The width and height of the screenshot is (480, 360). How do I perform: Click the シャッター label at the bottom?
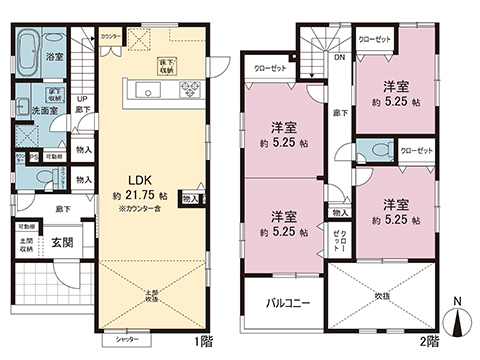click(x=126, y=340)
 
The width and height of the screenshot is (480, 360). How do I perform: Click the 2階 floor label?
click(x=429, y=340)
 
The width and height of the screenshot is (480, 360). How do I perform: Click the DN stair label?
click(x=340, y=57)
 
